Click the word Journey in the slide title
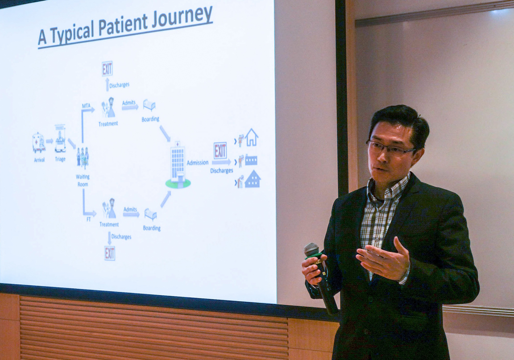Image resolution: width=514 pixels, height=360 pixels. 182,18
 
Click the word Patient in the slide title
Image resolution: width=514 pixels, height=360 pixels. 123,25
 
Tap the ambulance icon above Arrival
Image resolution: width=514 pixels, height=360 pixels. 39,143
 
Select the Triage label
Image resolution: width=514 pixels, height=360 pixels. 60,159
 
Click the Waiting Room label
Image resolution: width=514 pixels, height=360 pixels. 83,180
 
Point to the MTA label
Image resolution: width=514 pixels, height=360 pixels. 86,106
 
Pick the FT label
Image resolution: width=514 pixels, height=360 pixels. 88,219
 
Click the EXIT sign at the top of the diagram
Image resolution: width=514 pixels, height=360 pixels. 107,69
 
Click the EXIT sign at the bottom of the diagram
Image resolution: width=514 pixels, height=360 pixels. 109,253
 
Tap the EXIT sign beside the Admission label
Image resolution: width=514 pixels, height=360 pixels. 220,151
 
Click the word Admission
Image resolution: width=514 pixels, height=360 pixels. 197,162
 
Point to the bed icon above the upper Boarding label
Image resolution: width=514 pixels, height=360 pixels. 149,105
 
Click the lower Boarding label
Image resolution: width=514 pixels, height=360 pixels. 151,228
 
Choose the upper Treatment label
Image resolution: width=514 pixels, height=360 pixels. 108,124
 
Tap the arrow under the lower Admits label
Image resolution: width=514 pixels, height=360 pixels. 131,215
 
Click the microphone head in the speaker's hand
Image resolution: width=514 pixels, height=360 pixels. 311,249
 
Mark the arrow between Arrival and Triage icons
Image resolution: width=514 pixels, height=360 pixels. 50,141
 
